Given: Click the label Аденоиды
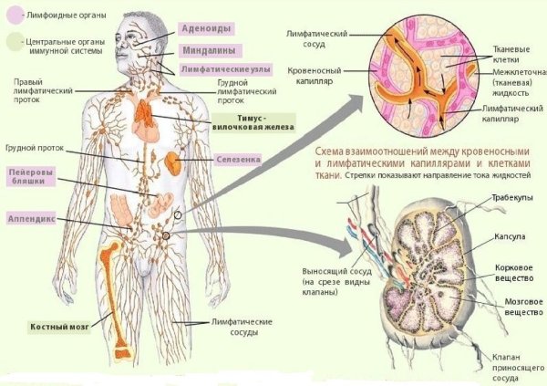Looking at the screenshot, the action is (206, 28).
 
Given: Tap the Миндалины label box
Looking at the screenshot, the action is (209, 51).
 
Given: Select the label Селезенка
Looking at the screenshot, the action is (238, 160).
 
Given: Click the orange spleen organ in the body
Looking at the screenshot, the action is (172, 163).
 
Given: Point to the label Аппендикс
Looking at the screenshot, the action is (31, 219).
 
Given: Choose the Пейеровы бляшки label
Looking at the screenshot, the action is (31, 176).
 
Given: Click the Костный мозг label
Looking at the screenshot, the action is (59, 327).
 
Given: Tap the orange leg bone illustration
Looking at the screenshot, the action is (115, 299).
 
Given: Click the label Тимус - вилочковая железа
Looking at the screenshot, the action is (253, 122).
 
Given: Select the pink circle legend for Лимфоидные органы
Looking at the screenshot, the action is (15, 15).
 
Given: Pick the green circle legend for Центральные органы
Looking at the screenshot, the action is (15, 42).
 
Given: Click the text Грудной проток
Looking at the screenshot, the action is (35, 148).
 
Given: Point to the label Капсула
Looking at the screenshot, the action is (510, 236).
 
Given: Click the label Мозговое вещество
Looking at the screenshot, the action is (524, 307).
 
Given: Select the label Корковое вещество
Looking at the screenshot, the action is (514, 273).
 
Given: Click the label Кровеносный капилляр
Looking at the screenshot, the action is (314, 76).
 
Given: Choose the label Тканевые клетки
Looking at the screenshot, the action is (511, 54).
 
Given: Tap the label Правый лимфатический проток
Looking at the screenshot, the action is (43, 91).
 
